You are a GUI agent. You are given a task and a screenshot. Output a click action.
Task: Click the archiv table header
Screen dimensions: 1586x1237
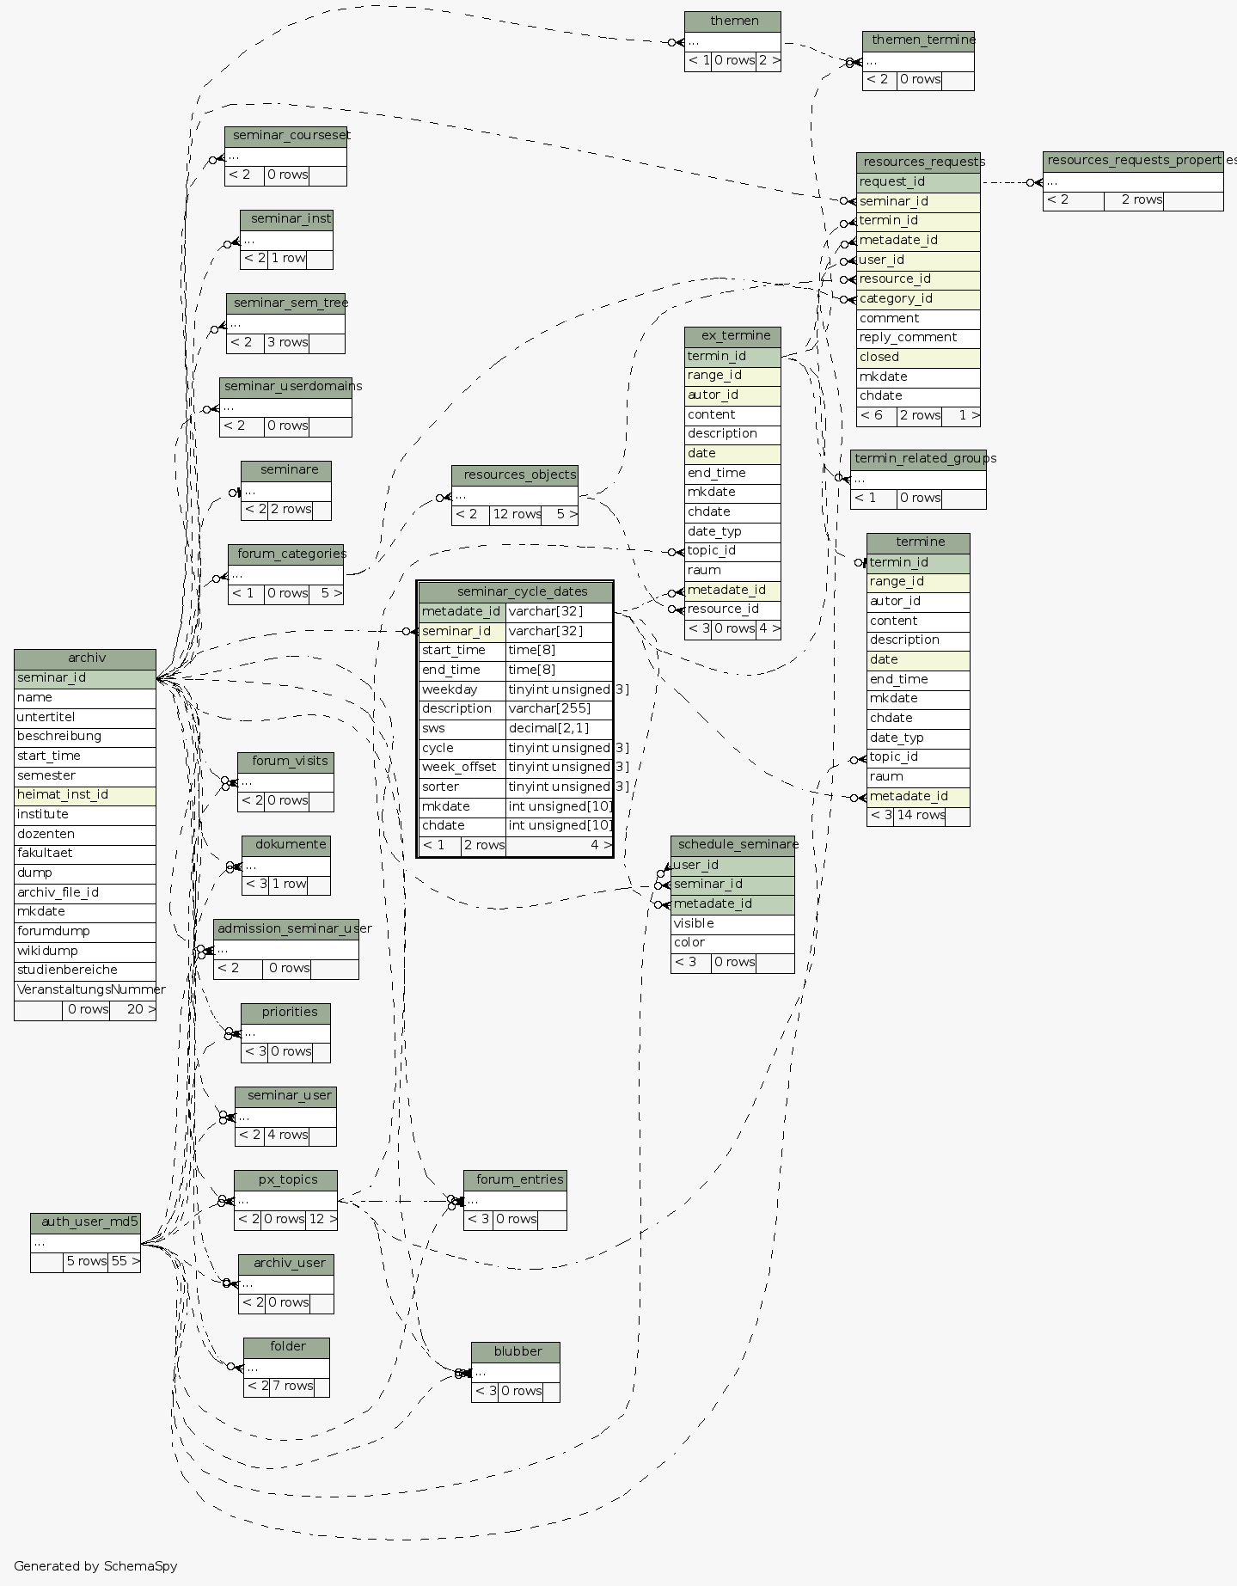[85, 658]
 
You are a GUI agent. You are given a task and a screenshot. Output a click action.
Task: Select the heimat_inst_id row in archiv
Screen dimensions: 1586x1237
[84, 795]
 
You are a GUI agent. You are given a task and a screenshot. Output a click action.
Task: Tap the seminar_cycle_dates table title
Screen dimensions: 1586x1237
[514, 591]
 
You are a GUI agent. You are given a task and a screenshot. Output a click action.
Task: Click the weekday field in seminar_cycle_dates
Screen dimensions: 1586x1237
[462, 690]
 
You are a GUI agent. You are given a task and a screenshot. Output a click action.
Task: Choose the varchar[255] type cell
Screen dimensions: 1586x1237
[558, 709]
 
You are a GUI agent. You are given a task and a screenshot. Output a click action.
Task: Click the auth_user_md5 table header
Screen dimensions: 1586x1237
[85, 1222]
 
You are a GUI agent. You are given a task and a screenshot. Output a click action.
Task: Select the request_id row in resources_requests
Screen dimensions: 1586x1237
[917, 182]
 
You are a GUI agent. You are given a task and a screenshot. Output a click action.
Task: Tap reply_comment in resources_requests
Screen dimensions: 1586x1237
[917, 338]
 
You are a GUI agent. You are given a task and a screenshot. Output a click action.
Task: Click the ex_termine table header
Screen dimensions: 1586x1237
[732, 336]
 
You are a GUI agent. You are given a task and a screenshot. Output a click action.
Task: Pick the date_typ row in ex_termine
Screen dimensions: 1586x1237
[732, 532]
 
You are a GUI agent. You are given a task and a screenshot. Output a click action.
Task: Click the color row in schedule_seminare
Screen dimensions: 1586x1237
[732, 943]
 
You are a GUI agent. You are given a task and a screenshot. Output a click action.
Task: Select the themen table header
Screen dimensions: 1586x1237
[732, 21]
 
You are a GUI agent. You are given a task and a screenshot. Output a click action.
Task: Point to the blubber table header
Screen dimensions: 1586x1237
[515, 1352]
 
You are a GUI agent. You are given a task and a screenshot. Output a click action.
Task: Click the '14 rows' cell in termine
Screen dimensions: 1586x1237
[919, 816]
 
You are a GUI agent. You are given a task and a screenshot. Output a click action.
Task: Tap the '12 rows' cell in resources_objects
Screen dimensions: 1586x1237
[516, 515]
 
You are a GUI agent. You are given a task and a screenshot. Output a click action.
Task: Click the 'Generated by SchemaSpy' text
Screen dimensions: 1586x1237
[95, 1566]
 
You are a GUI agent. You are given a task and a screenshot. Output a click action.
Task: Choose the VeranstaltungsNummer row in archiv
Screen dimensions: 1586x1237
[84, 990]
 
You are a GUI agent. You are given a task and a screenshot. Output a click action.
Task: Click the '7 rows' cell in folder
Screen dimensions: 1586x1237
[291, 1387]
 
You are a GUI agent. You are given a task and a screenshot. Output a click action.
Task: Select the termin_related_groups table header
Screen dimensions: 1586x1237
[918, 459]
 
